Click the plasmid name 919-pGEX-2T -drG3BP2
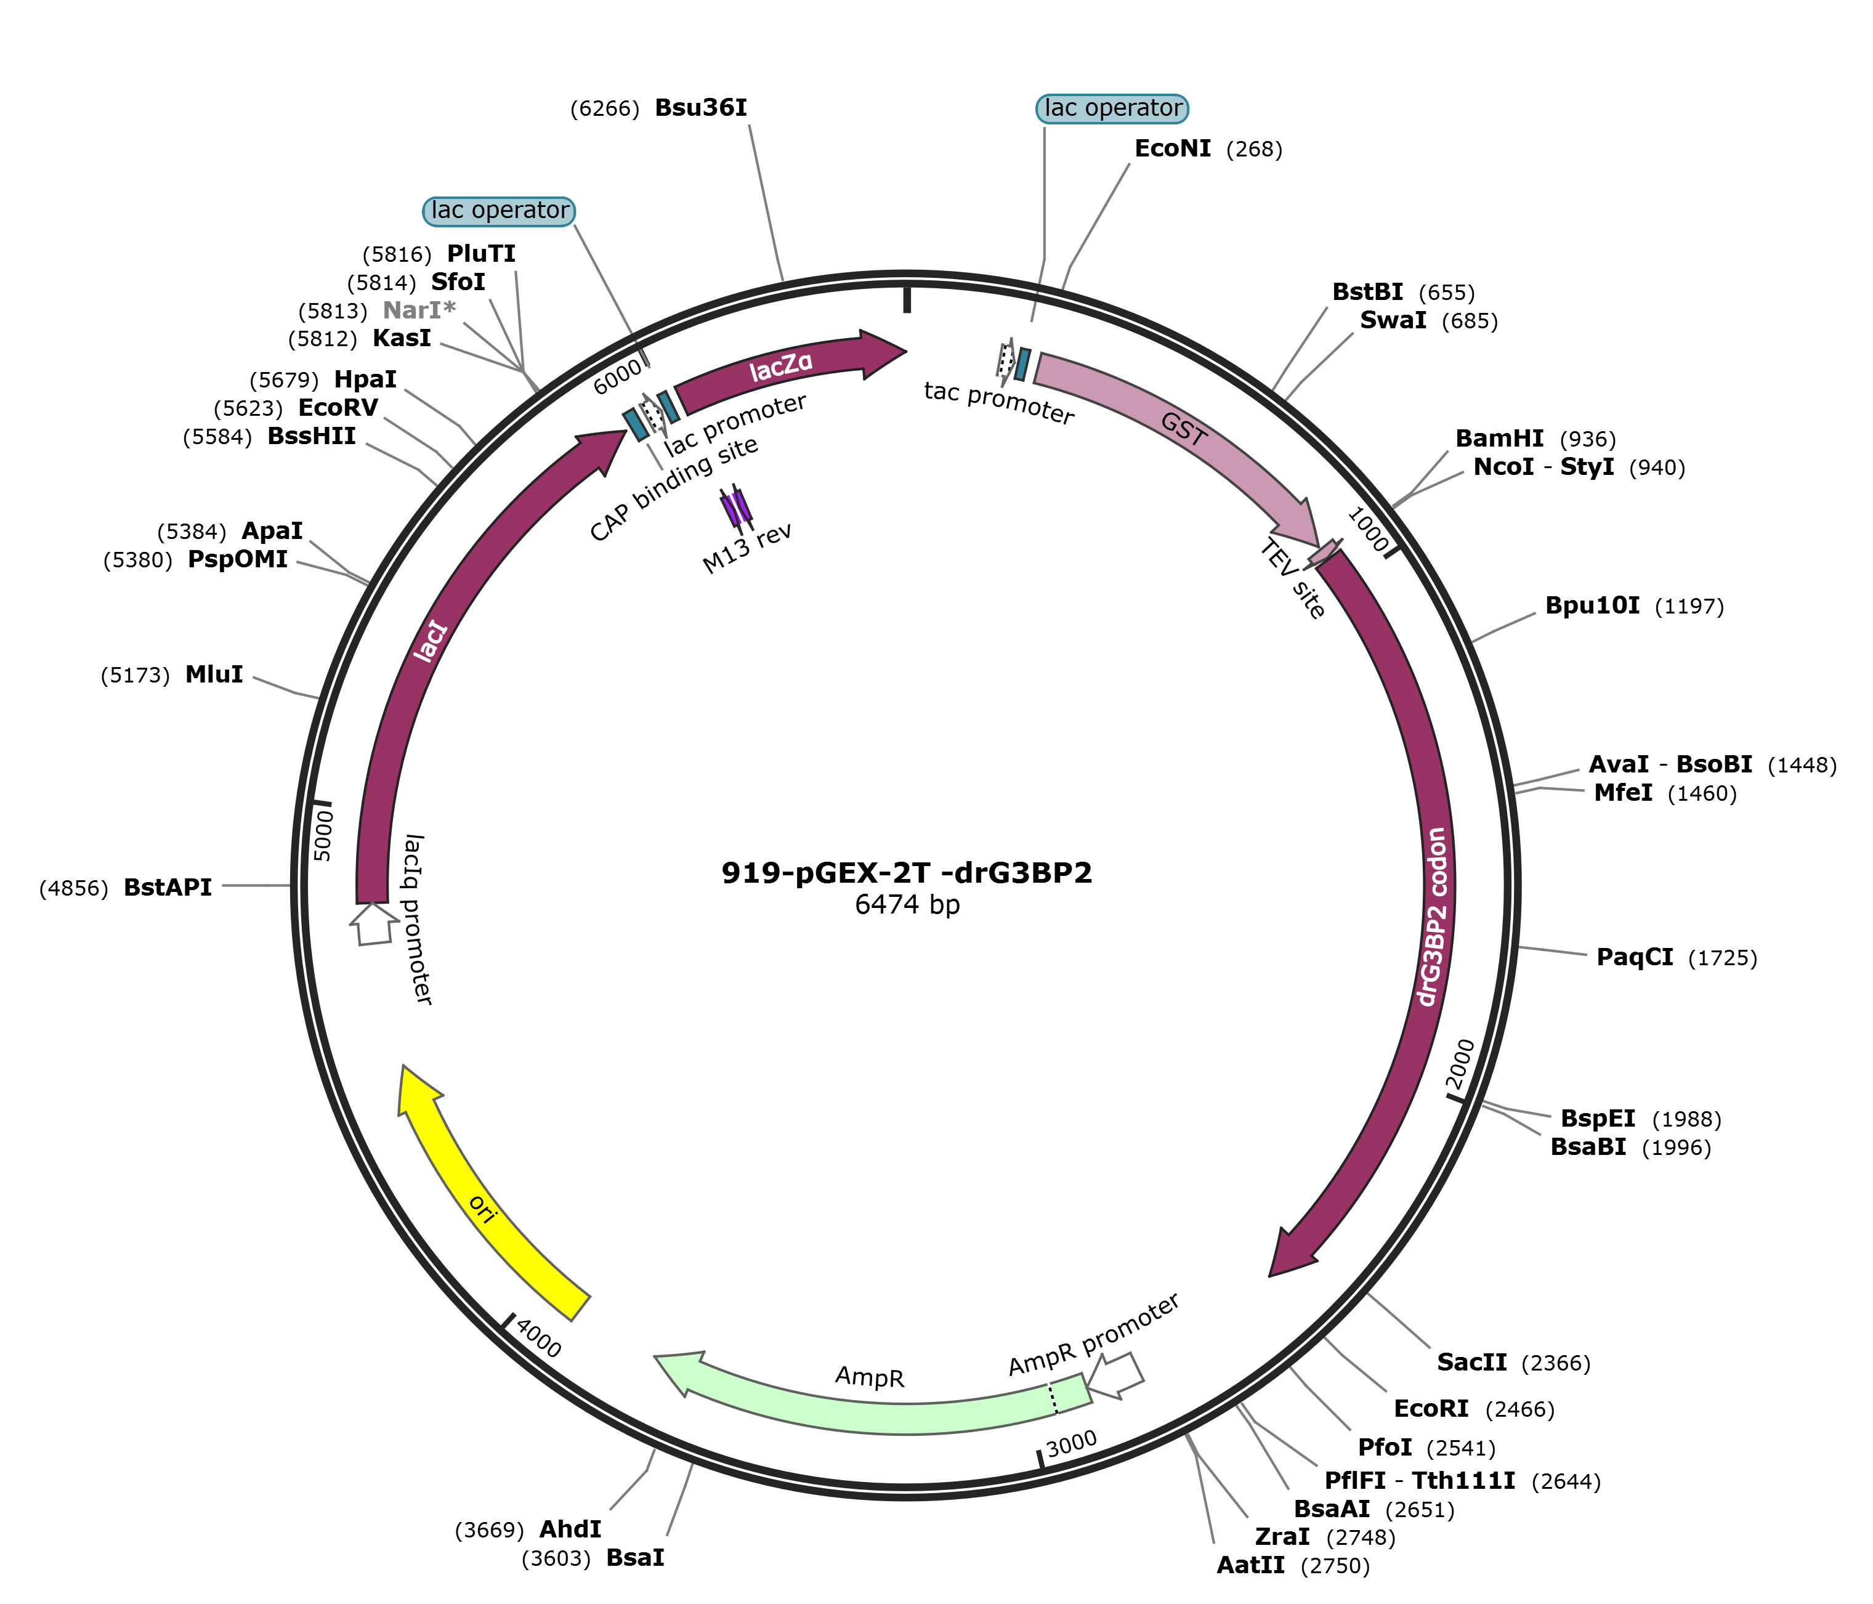pyautogui.click(x=906, y=872)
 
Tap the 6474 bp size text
pyautogui.click(x=907, y=904)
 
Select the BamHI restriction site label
pyautogui.click(x=1499, y=439)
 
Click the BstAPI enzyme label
pyautogui.click(x=168, y=887)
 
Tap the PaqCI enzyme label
pyautogui.click(x=1635, y=957)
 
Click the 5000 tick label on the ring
pyautogui.click(x=323, y=836)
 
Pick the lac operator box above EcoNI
pyautogui.click(x=1112, y=108)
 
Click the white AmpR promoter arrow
pyautogui.click(x=1117, y=1374)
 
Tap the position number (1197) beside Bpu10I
pyautogui.click(x=1689, y=607)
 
